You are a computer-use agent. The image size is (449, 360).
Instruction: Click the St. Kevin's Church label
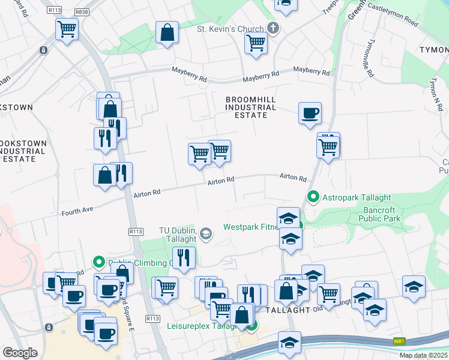pos(231,29)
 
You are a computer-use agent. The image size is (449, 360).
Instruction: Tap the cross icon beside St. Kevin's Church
pos(273,28)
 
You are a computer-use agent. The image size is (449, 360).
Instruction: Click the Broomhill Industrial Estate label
pos(250,107)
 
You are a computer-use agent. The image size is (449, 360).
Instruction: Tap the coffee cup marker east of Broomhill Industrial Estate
pos(310,113)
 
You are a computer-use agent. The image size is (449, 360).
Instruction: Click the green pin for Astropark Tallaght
pos(313,197)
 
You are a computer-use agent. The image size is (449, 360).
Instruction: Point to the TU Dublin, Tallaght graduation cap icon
pos(206,234)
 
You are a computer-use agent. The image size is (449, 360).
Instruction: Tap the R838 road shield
pos(82,11)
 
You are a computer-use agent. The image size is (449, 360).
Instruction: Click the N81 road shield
pos(399,341)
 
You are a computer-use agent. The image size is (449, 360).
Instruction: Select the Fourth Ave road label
pos(78,211)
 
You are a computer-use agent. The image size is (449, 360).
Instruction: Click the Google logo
pos(20,353)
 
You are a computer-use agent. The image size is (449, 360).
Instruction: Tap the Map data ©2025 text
pos(424,355)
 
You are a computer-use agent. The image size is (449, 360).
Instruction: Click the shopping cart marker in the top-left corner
pos(67,28)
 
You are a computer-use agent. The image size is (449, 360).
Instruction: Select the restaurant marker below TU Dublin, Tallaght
pos(184,257)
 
